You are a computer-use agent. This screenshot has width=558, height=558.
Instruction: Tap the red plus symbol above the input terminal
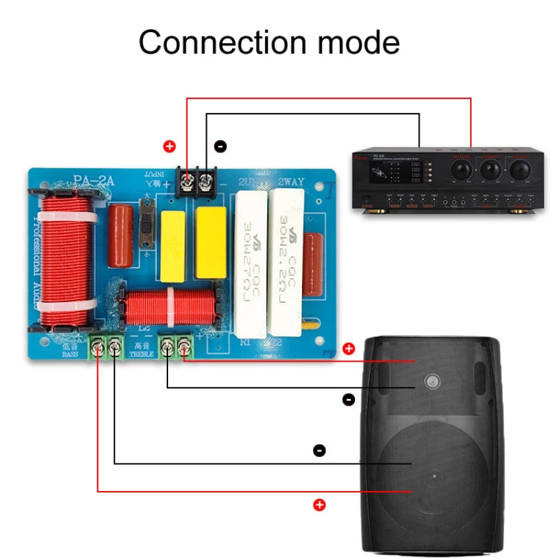[x=169, y=147]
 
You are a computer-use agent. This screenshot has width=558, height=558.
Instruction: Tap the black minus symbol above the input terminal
[x=219, y=147]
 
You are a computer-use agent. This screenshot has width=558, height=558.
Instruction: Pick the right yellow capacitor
[x=211, y=233]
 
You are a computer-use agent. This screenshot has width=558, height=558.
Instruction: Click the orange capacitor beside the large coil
[x=120, y=234]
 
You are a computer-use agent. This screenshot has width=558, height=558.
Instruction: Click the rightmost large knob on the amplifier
[x=519, y=170]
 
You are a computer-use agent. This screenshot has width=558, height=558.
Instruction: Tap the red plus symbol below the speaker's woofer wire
[x=320, y=505]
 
